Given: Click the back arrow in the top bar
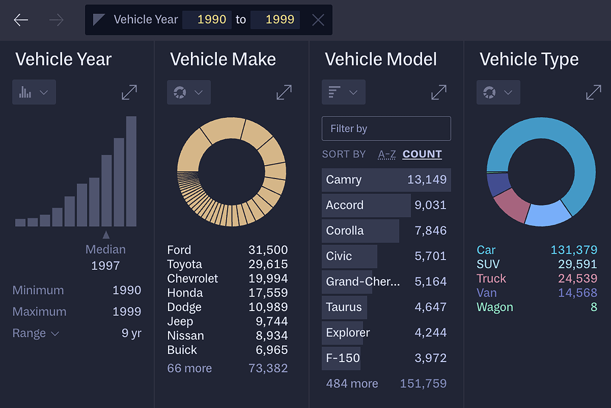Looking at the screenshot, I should coord(21,20).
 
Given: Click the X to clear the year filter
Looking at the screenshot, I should coord(318,20).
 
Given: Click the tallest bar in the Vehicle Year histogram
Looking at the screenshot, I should coord(132,171).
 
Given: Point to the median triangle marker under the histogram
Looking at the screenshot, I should coord(106,235).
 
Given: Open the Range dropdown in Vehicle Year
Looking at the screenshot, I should coord(36,333).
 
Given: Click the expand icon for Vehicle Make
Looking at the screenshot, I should coord(284,92).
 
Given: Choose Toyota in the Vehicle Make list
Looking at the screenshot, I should coord(185,264).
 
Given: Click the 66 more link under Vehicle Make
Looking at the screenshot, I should coord(189,368).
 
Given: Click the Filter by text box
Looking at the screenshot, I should coord(386,129).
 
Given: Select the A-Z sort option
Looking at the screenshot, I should coord(387,154).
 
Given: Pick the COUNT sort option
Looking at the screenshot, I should coord(422,154).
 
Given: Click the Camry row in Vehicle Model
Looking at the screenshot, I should coord(386,180).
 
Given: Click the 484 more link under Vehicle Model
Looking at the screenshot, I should coord(352,384).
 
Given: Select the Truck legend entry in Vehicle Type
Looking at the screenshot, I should coord(491,279).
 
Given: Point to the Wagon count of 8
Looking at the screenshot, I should coord(594,307).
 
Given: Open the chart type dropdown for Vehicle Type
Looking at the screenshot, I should coord(498,92).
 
